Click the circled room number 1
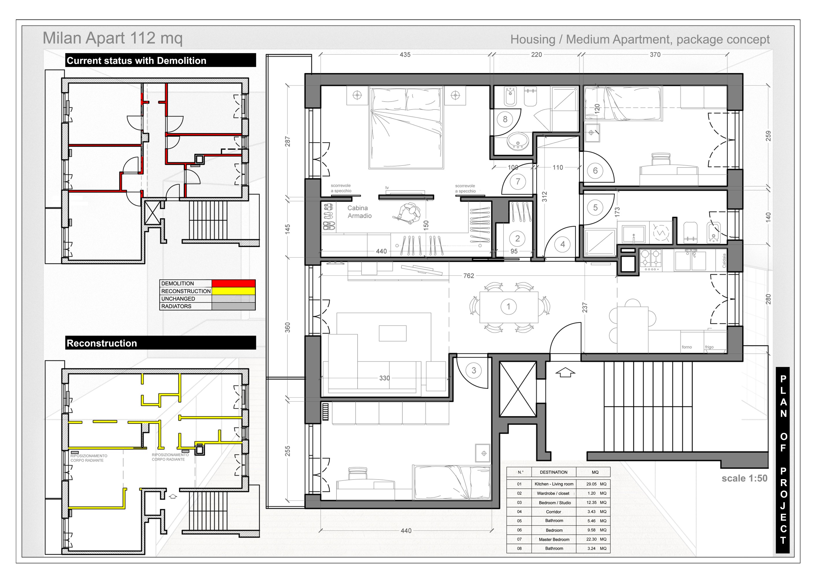[x=508, y=306]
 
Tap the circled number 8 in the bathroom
[x=505, y=119]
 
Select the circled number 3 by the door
[x=474, y=370]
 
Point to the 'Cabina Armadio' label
[x=359, y=212]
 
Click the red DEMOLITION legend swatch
[x=233, y=283]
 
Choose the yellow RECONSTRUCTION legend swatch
[x=233, y=291]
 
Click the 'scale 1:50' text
[x=744, y=478]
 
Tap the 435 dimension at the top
[x=405, y=54]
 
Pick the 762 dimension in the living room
[x=469, y=276]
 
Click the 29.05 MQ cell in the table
[x=596, y=484]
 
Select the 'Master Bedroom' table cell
[x=554, y=540]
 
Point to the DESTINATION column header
[x=554, y=472]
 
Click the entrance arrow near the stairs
[x=565, y=373]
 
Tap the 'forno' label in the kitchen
[x=687, y=347]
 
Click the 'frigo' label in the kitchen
[x=709, y=347]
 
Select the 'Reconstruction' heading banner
[x=161, y=343]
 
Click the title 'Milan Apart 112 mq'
[x=112, y=38]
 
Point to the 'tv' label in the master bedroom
[x=387, y=188]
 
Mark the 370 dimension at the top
[x=655, y=54]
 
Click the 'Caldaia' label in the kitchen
[x=724, y=260]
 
